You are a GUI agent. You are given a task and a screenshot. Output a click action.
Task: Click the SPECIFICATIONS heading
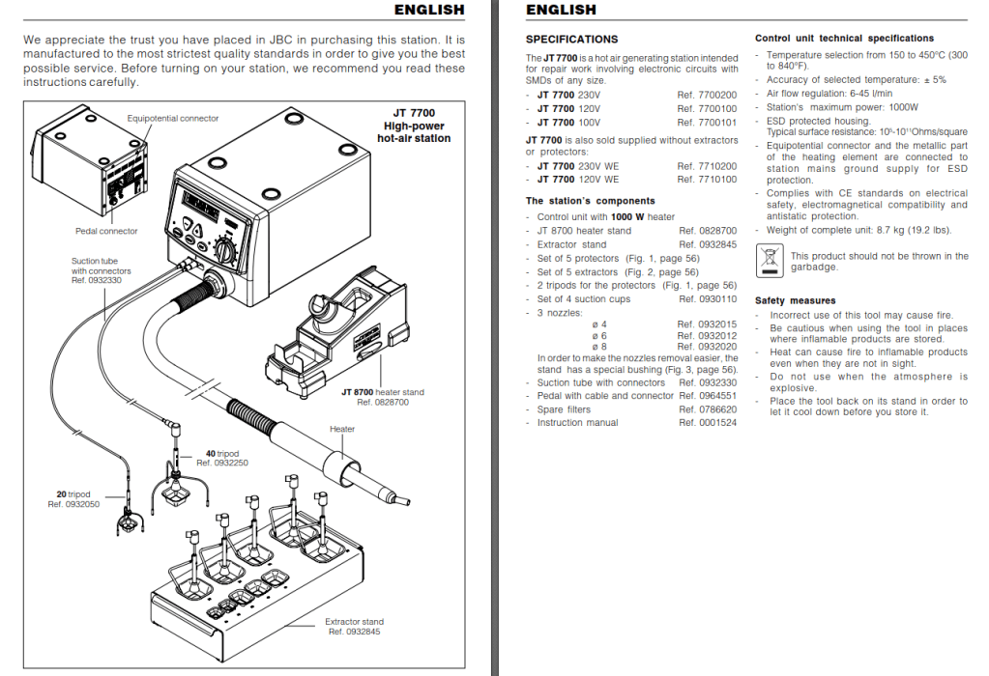click(571, 40)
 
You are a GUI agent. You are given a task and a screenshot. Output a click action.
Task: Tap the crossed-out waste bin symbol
click(770, 260)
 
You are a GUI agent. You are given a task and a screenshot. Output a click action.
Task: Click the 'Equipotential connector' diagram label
click(173, 119)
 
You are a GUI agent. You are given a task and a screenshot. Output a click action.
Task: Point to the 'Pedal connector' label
click(106, 232)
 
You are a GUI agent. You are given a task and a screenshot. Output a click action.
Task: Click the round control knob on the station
click(224, 253)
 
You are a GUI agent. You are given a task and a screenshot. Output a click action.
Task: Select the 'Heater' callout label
click(342, 429)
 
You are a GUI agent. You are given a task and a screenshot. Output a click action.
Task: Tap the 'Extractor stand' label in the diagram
click(354, 622)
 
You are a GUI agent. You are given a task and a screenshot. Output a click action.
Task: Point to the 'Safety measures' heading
click(795, 301)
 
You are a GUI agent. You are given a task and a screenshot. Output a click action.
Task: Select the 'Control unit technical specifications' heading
click(844, 39)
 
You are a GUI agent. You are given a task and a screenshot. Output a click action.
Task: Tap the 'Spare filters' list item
click(564, 409)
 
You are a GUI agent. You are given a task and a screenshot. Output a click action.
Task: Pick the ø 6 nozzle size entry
click(599, 336)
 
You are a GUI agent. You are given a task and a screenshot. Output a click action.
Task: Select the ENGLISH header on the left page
click(429, 10)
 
